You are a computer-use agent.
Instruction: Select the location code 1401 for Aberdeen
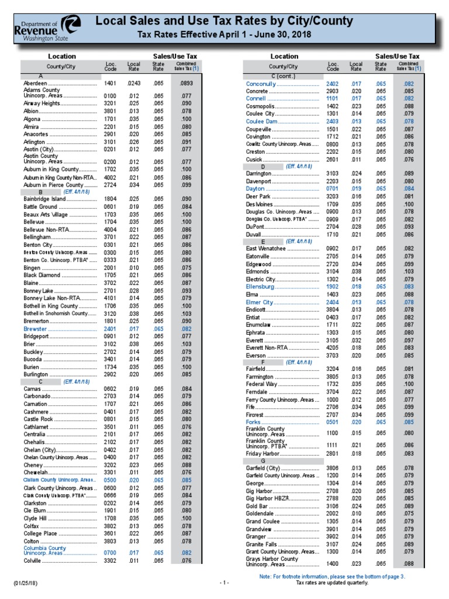[x=110, y=84]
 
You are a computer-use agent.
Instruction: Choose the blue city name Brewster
[x=35, y=329]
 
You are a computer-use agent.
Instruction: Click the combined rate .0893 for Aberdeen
[x=186, y=84]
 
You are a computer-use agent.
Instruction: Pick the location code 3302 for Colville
[x=110, y=560]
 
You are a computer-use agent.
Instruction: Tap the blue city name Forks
[x=254, y=421]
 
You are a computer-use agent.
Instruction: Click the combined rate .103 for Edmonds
[x=409, y=271]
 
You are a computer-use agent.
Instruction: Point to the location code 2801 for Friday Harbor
[x=333, y=453]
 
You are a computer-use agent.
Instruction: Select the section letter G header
[x=263, y=461]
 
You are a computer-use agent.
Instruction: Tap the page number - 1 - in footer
[x=224, y=583]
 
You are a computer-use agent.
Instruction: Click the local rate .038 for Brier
[x=133, y=344]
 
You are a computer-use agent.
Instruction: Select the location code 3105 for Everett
[x=333, y=340]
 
